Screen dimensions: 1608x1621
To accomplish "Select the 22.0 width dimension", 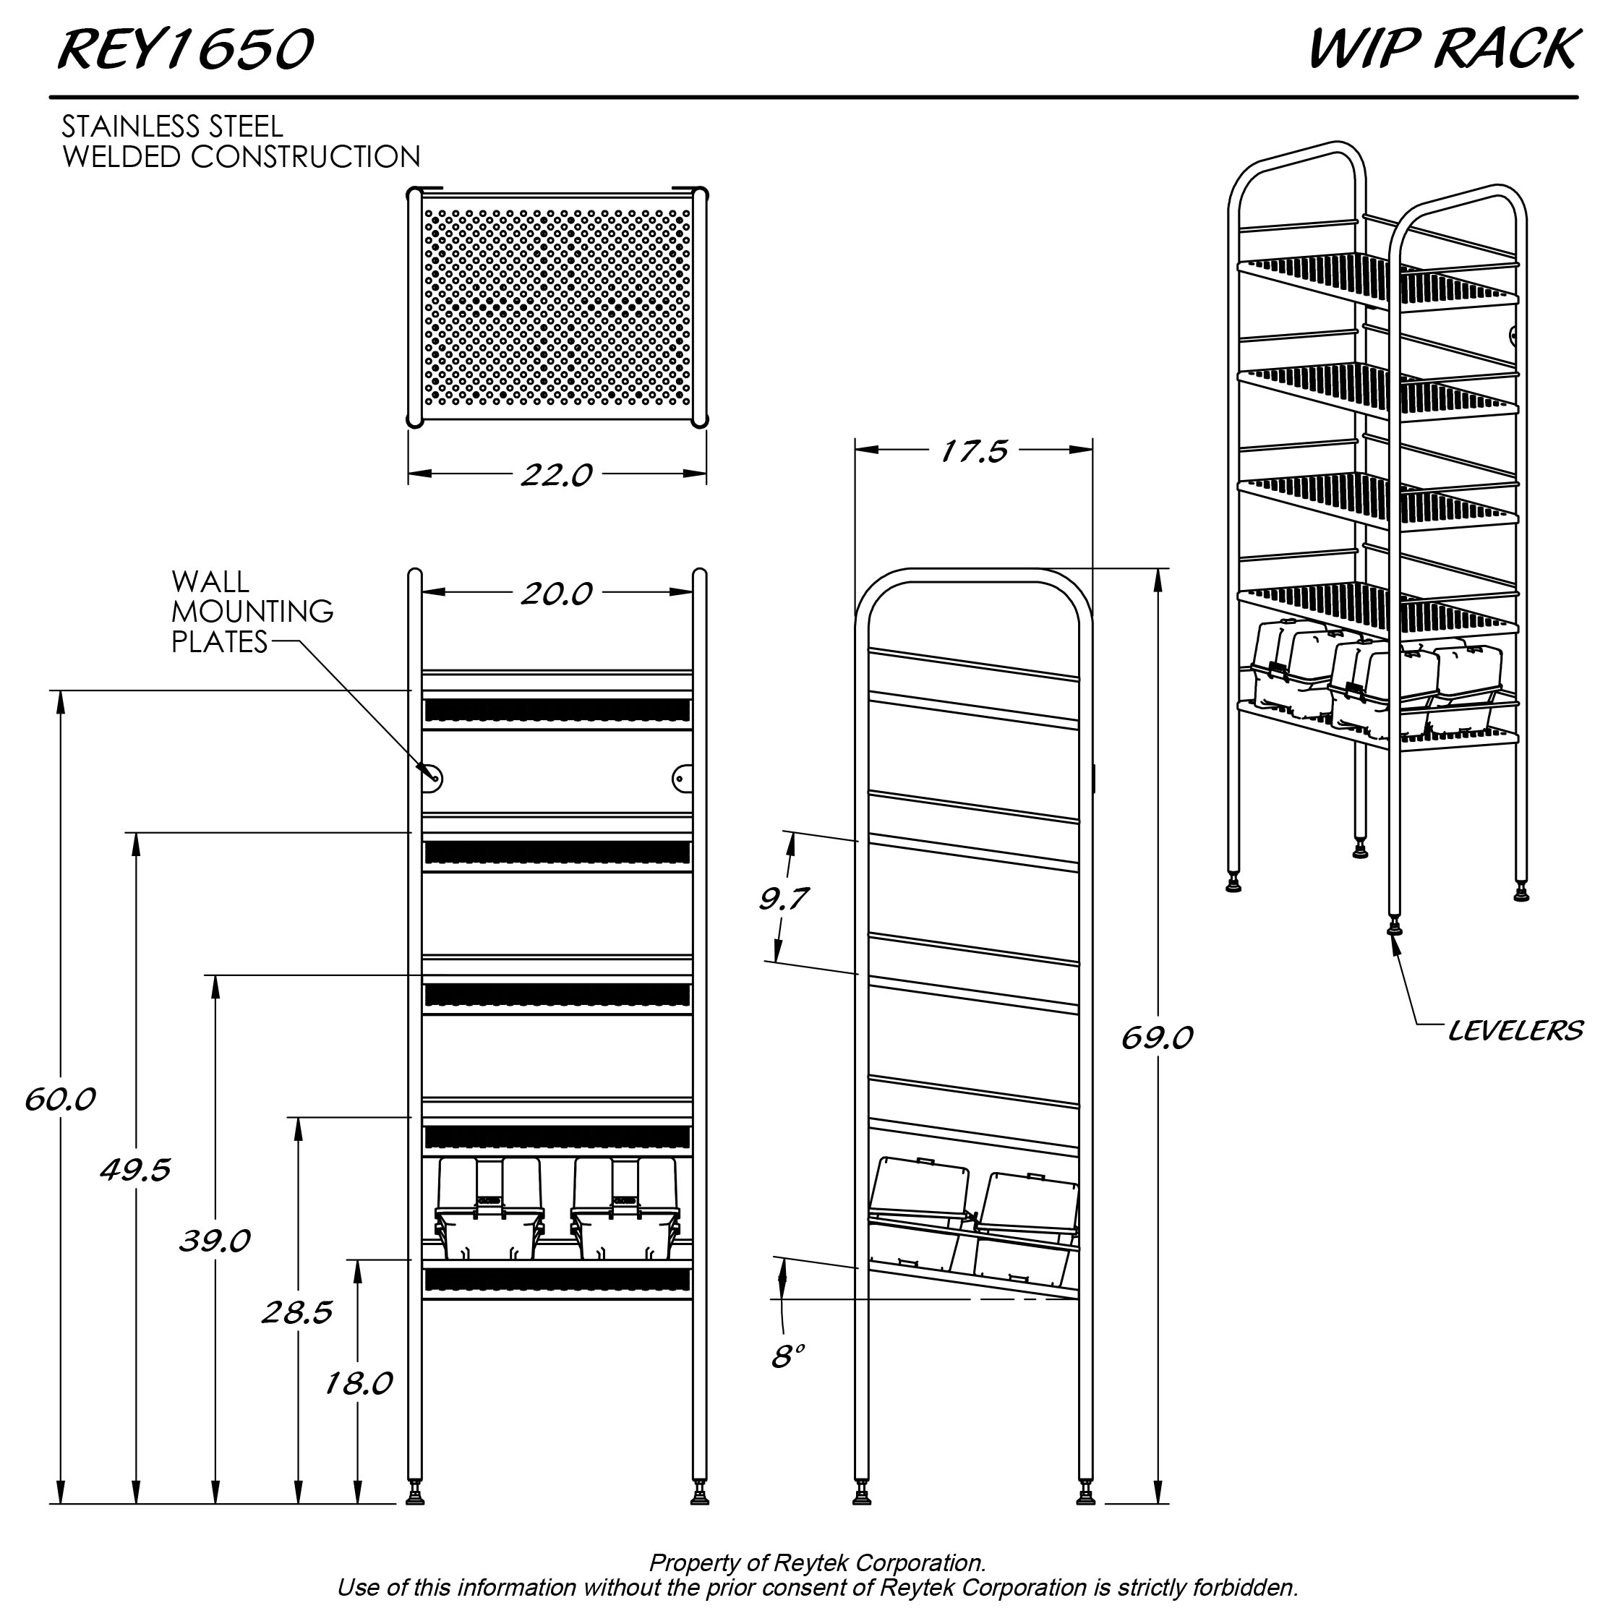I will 556,475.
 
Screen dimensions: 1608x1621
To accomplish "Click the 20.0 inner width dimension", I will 556,594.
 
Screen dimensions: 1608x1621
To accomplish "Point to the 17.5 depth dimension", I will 973,451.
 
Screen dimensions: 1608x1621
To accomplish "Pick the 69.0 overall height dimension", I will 1156,1038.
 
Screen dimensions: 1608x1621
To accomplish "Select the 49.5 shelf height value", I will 135,1169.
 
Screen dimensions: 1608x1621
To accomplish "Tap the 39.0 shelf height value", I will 215,1241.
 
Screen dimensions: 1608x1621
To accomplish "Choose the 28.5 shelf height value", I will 297,1312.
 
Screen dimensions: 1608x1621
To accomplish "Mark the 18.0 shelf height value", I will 359,1383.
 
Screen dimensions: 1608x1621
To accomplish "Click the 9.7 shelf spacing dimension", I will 783,899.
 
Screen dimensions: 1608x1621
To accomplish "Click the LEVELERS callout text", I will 1515,1030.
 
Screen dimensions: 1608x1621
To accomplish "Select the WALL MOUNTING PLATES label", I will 252,612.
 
